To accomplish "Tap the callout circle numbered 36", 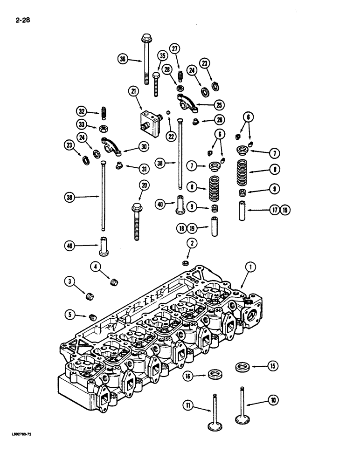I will [x=123, y=59].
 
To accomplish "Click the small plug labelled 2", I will [x=185, y=263].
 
